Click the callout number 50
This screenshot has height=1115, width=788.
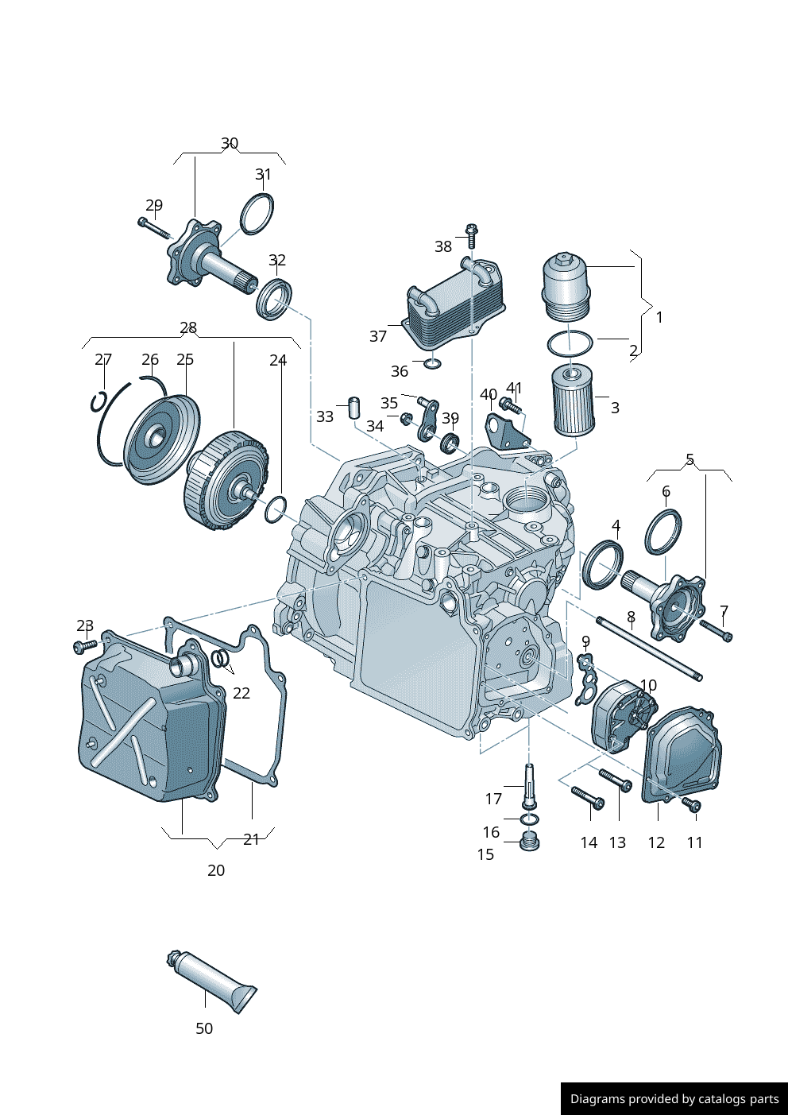coord(204,1028)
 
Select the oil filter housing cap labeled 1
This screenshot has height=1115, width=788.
coord(567,288)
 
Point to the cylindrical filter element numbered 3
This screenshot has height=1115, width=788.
coord(572,399)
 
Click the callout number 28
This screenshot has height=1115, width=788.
coord(188,327)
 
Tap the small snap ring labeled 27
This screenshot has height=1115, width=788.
coord(98,402)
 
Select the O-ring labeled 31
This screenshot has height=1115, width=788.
coord(257,214)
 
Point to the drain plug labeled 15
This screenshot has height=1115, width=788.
coord(530,841)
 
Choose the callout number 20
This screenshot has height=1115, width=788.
coord(216,870)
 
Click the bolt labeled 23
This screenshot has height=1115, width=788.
coord(85,646)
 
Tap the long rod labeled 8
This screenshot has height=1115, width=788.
coord(649,648)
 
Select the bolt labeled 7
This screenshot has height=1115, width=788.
coord(716,630)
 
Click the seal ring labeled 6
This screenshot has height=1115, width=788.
coord(663,532)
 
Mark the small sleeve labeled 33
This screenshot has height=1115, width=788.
coord(354,408)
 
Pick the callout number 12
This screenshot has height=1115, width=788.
coord(656,842)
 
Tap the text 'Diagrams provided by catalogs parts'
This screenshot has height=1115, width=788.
coord(674,1099)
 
